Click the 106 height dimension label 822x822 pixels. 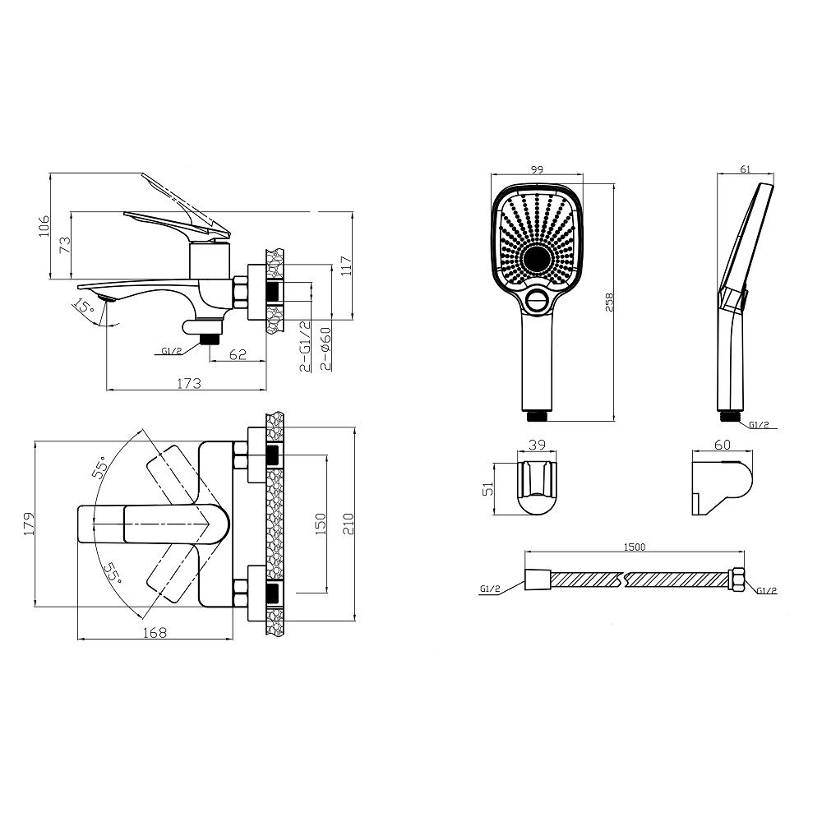(44, 225)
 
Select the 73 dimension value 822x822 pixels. (65, 245)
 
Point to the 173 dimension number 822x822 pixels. (189, 383)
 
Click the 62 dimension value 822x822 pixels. (238, 354)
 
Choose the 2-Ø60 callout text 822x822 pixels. (326, 349)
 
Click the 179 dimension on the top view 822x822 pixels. (30, 523)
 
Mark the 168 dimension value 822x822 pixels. (155, 633)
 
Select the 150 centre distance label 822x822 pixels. (321, 524)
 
